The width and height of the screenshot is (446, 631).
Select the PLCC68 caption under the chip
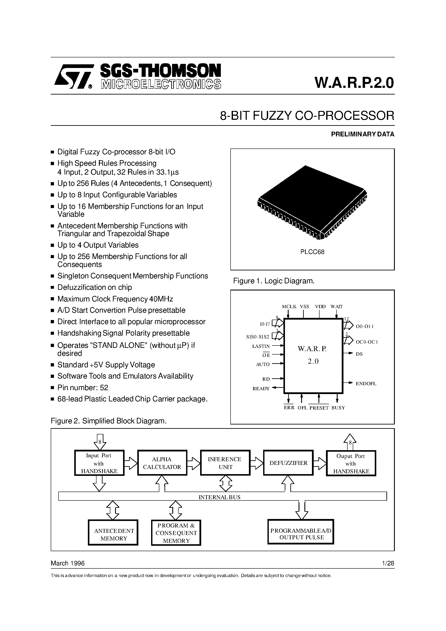312,252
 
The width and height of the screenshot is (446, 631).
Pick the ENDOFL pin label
366,384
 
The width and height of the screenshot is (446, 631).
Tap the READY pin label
261,389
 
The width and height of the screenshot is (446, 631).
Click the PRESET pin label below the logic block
319,408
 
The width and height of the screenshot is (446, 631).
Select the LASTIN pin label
261,346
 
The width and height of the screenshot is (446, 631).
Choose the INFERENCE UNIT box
225,463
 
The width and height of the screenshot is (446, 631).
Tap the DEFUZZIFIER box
288,463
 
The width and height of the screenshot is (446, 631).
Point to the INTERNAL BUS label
219,497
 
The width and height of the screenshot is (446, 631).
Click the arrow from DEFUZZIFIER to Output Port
320,463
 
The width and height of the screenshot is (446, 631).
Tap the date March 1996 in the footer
68,563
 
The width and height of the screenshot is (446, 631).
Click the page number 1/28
388,563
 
